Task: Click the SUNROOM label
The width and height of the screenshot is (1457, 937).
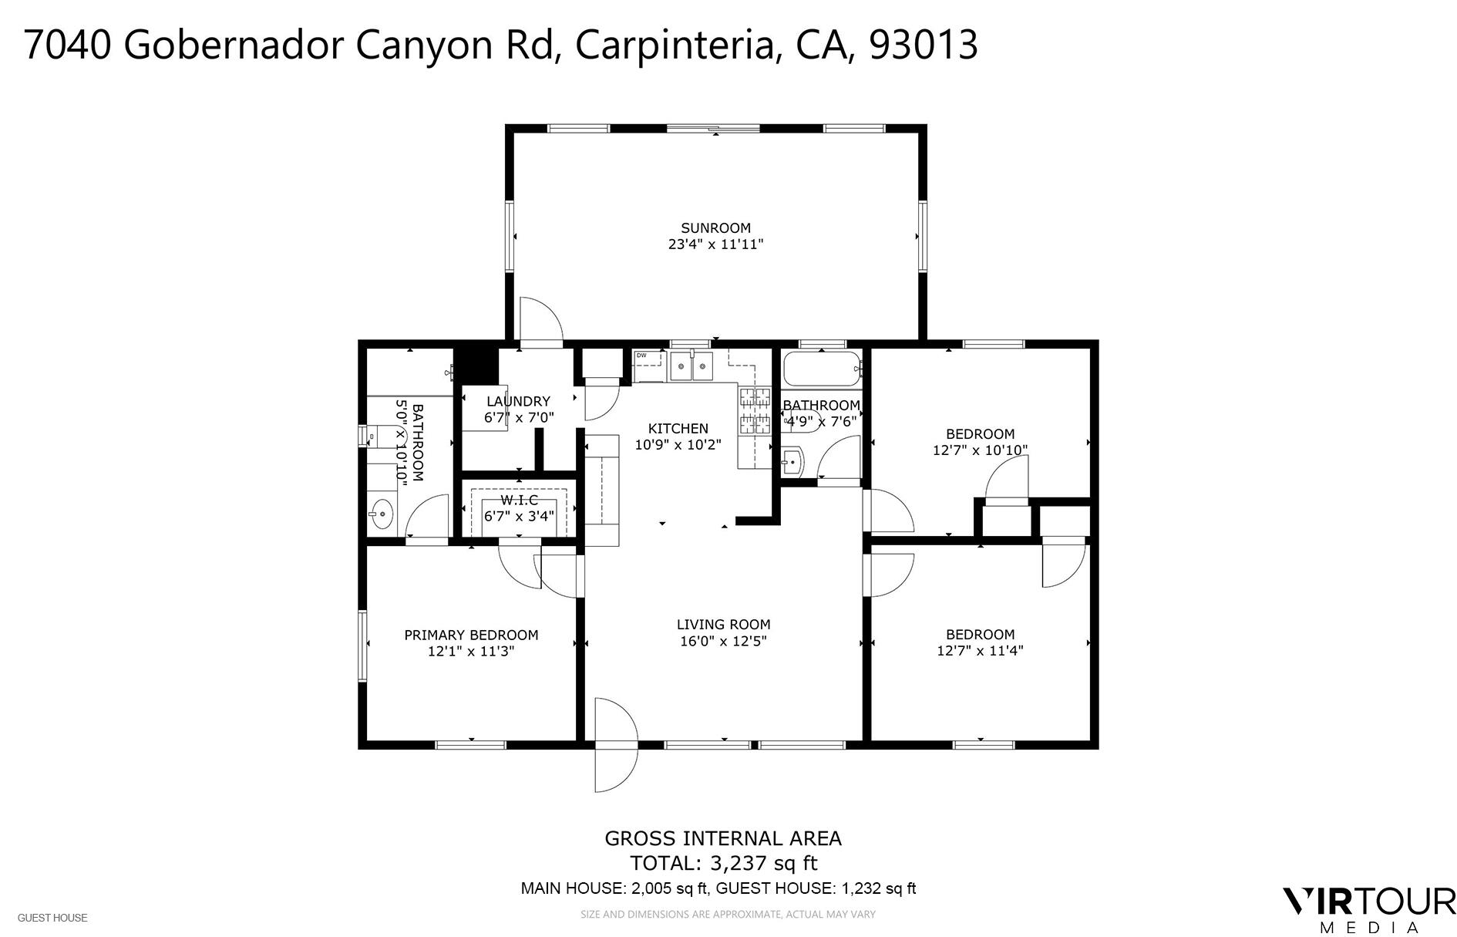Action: pyautogui.click(x=715, y=228)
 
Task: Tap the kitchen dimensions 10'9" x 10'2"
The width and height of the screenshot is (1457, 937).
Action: pyautogui.click(x=678, y=444)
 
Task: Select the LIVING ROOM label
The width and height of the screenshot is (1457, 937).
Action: pyautogui.click(x=723, y=624)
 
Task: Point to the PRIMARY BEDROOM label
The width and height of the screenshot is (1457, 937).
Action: pyautogui.click(x=471, y=635)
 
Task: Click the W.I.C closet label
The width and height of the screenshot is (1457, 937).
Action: pyautogui.click(x=519, y=500)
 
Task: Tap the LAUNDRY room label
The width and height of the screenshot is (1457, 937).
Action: pyautogui.click(x=518, y=401)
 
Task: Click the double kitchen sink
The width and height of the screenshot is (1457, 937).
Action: pyautogui.click(x=691, y=367)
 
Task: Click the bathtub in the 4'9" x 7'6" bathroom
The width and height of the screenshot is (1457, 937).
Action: pyautogui.click(x=822, y=369)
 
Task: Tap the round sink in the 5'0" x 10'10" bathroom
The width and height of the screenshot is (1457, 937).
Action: pyautogui.click(x=381, y=512)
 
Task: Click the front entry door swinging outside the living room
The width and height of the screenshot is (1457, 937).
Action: pyautogui.click(x=615, y=763)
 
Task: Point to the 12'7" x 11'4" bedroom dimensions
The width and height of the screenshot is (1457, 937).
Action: pyautogui.click(x=980, y=650)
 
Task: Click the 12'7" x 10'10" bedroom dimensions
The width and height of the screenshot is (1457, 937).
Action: pyautogui.click(x=980, y=450)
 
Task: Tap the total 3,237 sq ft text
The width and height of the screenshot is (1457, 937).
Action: pyautogui.click(x=723, y=862)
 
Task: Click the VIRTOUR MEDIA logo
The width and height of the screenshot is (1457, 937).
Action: pyautogui.click(x=1368, y=909)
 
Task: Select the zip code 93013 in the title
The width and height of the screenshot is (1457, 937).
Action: pyautogui.click(x=924, y=45)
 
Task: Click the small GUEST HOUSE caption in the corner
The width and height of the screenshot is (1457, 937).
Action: pyautogui.click(x=52, y=918)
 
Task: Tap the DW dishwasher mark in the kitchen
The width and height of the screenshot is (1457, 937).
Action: pyautogui.click(x=641, y=356)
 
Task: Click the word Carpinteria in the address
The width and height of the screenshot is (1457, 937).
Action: pyautogui.click(x=675, y=45)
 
